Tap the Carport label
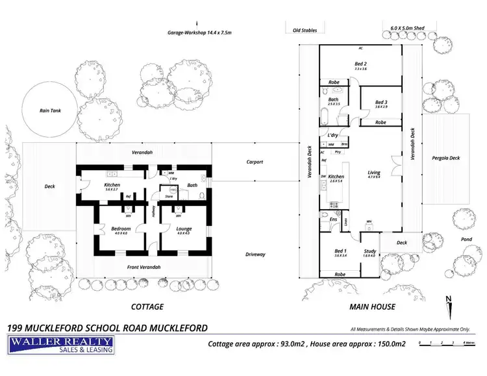click(x=255, y=162)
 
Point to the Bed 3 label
click(x=381, y=103)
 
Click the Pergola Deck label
click(x=445, y=158)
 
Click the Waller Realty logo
click(x=61, y=345)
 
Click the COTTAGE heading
click(x=147, y=307)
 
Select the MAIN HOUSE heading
click(x=373, y=307)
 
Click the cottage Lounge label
click(x=184, y=228)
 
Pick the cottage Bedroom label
click(x=121, y=228)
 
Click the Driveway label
click(x=255, y=254)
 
